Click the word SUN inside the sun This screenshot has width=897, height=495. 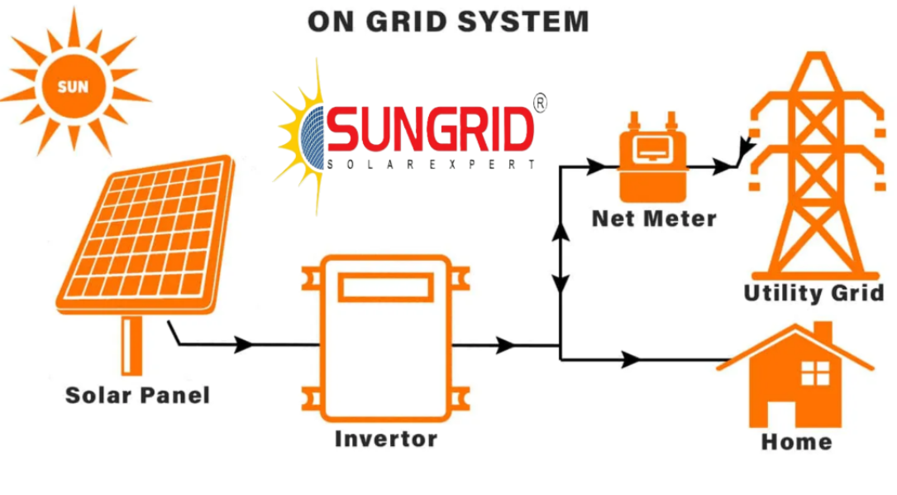74,87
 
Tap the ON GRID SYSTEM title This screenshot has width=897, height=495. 448,22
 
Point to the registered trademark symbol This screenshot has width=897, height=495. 540,103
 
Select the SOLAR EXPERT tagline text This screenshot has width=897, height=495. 432,165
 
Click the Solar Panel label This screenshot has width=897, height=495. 137,396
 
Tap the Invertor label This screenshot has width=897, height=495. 386,439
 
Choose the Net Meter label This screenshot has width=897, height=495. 654,219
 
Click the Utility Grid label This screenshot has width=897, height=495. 814,293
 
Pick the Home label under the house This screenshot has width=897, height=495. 796,442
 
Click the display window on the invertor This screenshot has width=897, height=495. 385,287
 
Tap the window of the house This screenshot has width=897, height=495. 815,373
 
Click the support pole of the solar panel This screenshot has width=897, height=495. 132,345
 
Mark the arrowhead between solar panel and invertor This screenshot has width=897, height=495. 244,344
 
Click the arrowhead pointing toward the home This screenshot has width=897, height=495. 631,360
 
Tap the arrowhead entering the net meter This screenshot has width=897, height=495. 596,166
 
